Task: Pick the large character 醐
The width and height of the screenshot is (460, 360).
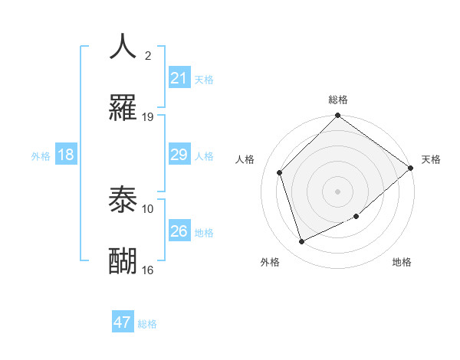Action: [x=123, y=261]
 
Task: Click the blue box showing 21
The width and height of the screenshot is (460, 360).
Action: [x=179, y=78]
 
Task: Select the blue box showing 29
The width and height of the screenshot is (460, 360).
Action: [x=179, y=155]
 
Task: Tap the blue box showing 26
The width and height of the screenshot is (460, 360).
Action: [x=179, y=231]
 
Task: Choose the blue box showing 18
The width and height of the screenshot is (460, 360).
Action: [x=66, y=155]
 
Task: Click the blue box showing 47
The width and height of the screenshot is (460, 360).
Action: [x=123, y=322]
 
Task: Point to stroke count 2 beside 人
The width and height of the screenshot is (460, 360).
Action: [x=148, y=55]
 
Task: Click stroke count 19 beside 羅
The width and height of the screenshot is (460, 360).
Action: [x=148, y=116]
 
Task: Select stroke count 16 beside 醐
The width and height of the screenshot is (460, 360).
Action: [x=148, y=270]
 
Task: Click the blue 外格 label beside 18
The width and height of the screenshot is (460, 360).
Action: [x=41, y=156]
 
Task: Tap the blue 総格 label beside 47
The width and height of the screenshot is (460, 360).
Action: [x=147, y=324]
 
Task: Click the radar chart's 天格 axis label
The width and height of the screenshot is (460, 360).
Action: [x=431, y=159]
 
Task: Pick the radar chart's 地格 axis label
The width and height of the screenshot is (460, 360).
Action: [x=402, y=262]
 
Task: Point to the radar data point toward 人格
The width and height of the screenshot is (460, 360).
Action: [x=280, y=172]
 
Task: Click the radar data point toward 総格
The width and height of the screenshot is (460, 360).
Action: [x=337, y=116]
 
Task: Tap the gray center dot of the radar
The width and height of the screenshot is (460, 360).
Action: [x=337, y=191]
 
